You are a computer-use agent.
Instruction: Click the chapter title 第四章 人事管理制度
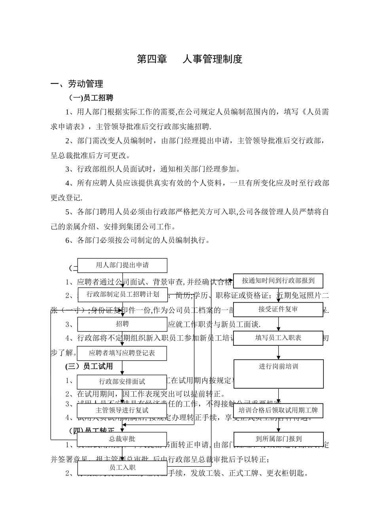point(189,59)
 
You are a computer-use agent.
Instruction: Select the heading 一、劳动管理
point(77,84)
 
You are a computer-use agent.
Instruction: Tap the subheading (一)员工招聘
point(91,98)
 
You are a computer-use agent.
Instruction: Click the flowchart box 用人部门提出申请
point(122,265)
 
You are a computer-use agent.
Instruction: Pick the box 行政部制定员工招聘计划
point(122,294)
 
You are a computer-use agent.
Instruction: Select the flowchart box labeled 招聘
point(122,324)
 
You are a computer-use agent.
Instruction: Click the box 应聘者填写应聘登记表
point(122,353)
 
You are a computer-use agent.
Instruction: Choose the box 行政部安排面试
point(122,382)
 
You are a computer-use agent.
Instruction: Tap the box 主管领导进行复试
point(122,410)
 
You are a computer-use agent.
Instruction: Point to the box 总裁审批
point(122,439)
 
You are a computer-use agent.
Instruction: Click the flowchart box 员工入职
point(122,467)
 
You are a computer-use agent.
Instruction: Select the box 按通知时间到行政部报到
point(278,281)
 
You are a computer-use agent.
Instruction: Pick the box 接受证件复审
point(278,309)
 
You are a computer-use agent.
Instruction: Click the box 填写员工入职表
point(278,338)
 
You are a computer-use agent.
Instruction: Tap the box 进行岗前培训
point(278,373)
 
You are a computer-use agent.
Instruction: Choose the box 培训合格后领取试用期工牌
point(278,410)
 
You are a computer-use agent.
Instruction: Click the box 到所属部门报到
point(278,439)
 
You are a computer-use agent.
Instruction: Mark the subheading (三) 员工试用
point(89,367)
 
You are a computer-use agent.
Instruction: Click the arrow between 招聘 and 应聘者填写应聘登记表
point(122,339)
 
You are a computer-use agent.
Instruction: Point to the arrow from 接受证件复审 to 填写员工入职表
point(279,324)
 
